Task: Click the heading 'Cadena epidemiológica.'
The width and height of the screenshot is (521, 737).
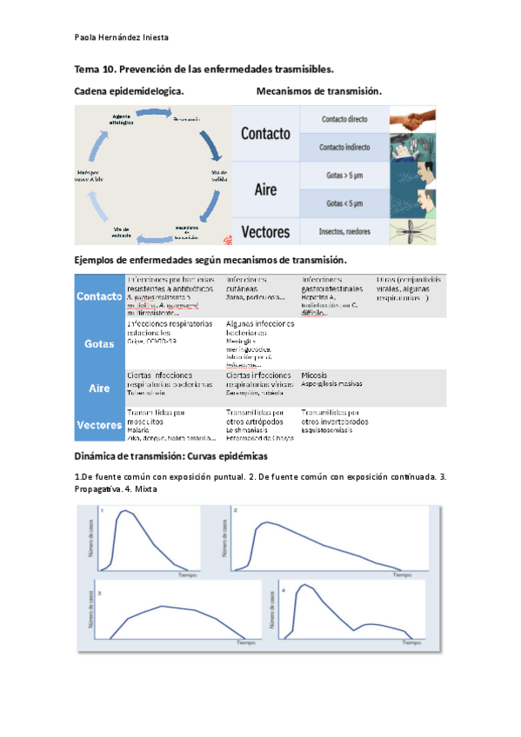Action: pyautogui.click(x=129, y=91)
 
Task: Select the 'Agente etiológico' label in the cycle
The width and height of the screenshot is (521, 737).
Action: pyautogui.click(x=123, y=120)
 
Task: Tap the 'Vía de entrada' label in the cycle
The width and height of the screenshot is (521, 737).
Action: pyautogui.click(x=121, y=229)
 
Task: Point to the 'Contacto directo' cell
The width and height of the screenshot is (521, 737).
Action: pyautogui.click(x=344, y=119)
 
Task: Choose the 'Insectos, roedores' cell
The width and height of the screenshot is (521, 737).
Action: pyautogui.click(x=344, y=231)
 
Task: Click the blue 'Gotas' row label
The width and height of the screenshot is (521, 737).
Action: pyautogui.click(x=99, y=343)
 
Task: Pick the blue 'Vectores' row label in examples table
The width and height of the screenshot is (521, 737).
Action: pyautogui.click(x=99, y=425)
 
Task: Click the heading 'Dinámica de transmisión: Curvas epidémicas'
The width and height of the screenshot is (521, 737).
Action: pyautogui.click(x=171, y=456)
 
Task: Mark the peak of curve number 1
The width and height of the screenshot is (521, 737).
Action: pyautogui.click(x=128, y=512)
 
